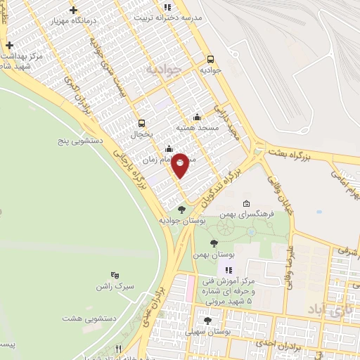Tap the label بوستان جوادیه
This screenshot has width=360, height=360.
pyautogui.click(x=182, y=221)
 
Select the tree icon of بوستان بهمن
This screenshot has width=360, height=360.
pyautogui.click(x=214, y=243)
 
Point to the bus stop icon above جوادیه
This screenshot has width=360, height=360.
pyautogui.click(x=210, y=59)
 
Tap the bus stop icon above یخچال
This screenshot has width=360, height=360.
pyautogui.click(x=142, y=122)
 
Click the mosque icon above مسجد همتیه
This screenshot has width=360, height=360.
pyautogui.click(x=197, y=117)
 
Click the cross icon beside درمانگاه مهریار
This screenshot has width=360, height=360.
pyautogui.click(x=74, y=10)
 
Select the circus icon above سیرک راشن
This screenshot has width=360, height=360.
pyautogui.click(x=115, y=275)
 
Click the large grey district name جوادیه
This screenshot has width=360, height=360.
pyautogui.click(x=164, y=69)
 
